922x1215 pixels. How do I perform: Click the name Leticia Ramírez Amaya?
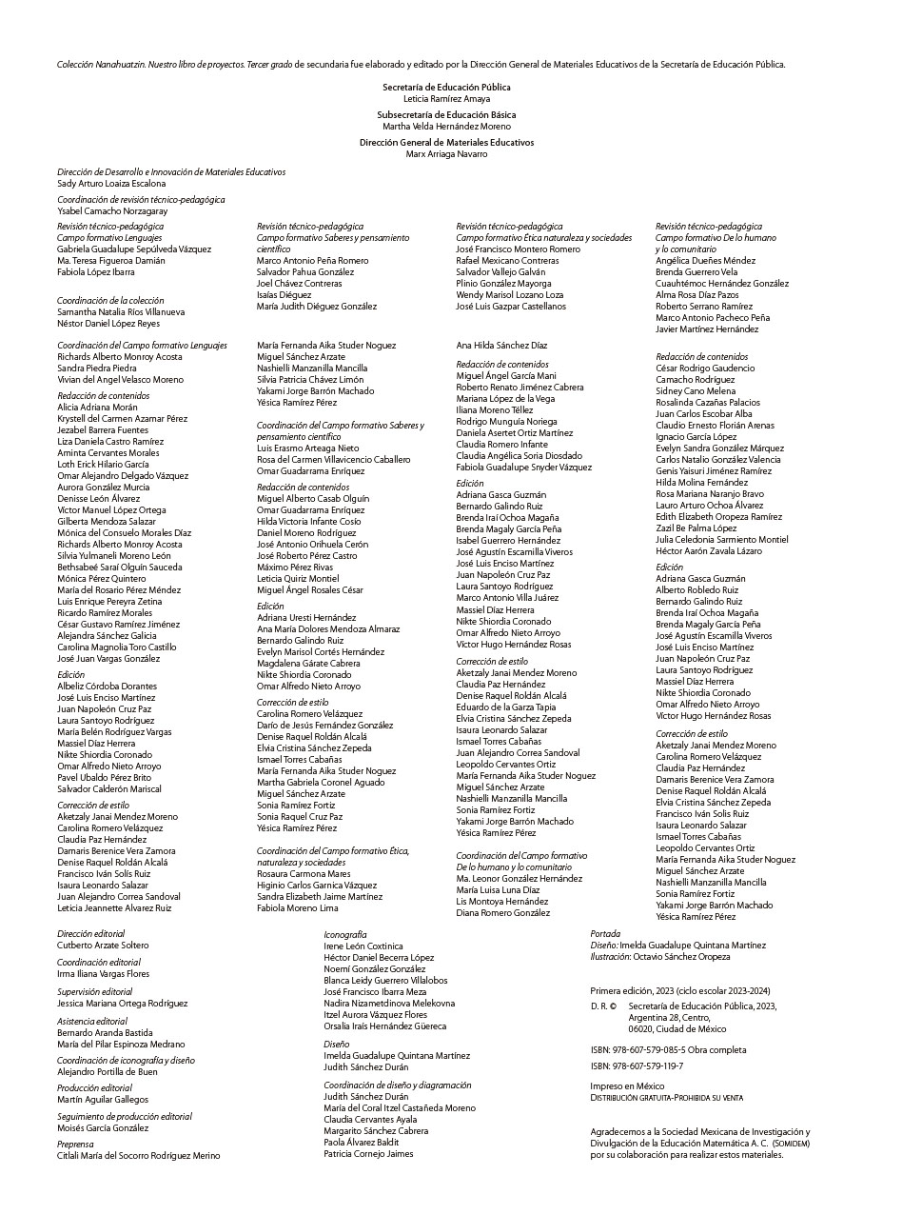446,99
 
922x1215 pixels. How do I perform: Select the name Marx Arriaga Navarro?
446,154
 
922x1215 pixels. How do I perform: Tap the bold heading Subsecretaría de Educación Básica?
446,115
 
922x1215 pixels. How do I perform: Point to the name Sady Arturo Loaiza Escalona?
111,184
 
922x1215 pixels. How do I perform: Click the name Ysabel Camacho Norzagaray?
112,211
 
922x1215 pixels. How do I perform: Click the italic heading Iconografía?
344,935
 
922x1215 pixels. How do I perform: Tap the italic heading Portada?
605,934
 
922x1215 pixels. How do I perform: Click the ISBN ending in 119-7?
637,1066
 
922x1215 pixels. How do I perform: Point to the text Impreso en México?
627,1086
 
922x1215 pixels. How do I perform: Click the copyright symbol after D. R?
613,1006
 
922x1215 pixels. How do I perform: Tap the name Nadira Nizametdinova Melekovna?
389,1004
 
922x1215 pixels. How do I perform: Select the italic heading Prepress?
75,1145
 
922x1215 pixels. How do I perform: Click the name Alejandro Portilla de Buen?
108,1072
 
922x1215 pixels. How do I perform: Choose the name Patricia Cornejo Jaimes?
368,1154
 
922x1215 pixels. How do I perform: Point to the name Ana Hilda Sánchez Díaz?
501,346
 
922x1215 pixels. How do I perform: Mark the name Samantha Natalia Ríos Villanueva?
121,312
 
